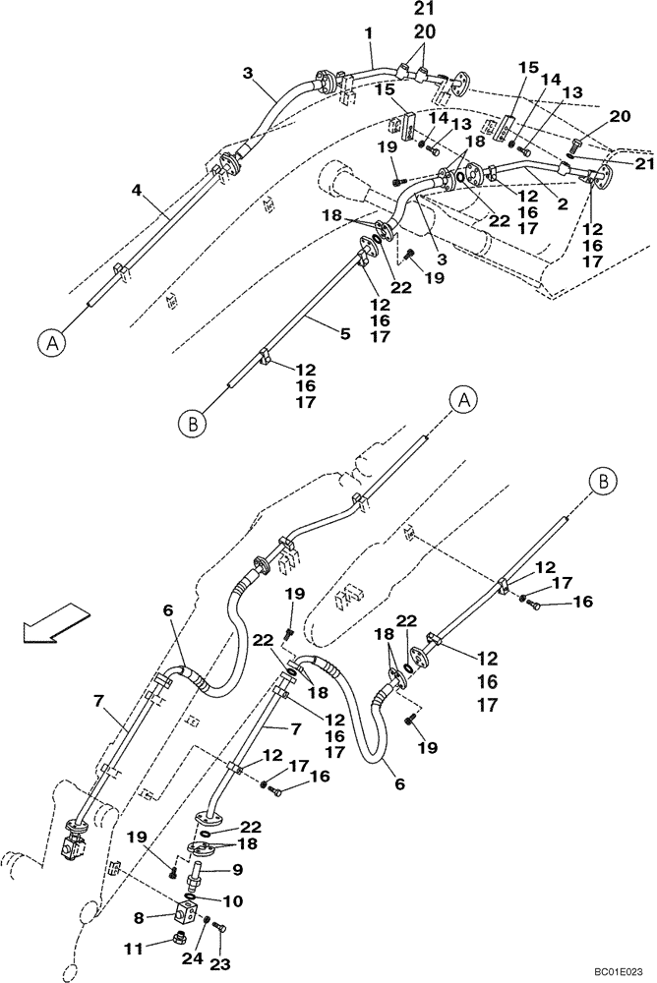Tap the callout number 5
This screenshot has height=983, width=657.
[345, 335]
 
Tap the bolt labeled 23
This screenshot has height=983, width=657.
[217, 927]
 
